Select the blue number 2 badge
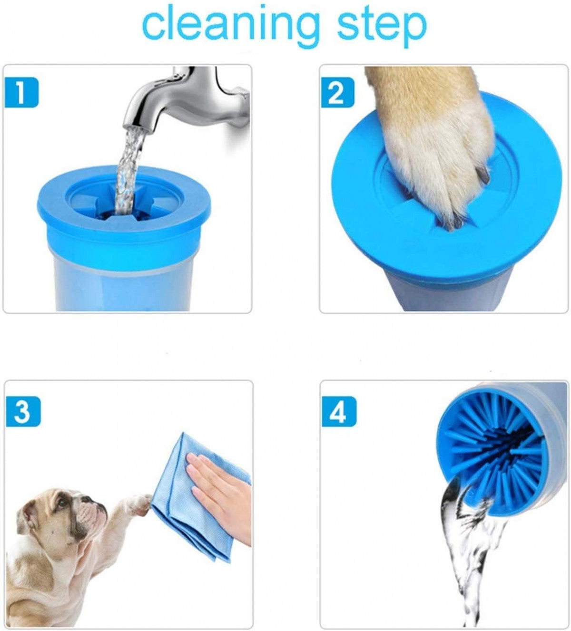click(x=337, y=93)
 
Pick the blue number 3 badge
click(x=23, y=411)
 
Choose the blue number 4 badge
click(x=338, y=411)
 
